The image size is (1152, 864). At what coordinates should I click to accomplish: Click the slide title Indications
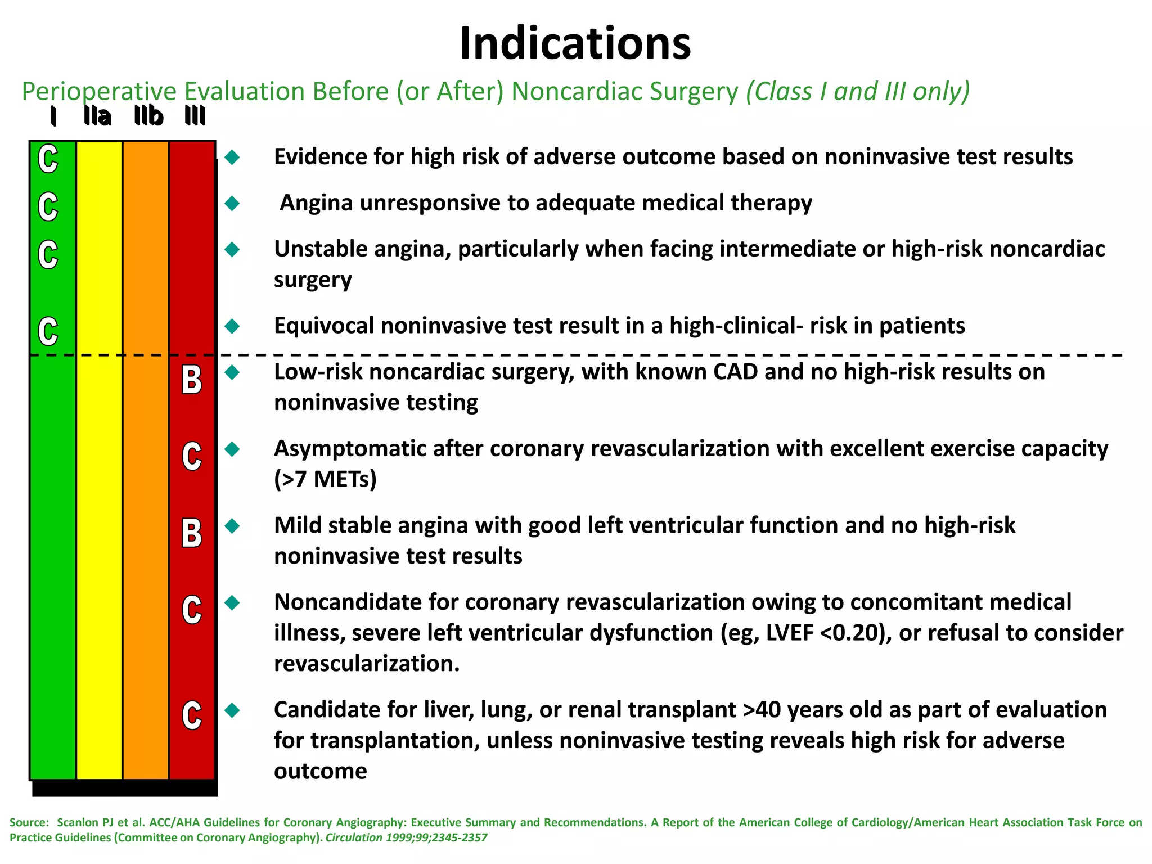click(575, 44)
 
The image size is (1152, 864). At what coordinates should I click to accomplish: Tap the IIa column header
click(97, 116)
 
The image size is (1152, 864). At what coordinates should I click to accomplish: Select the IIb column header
click(148, 116)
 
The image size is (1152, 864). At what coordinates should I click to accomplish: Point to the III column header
click(195, 116)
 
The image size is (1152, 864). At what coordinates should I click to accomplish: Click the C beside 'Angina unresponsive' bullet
click(48, 206)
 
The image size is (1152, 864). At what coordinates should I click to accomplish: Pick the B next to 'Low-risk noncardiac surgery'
click(192, 380)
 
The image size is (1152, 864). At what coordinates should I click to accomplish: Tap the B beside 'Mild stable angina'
click(192, 533)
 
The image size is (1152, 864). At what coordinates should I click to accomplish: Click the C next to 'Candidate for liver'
click(192, 715)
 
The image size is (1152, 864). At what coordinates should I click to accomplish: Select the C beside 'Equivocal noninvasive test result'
click(48, 331)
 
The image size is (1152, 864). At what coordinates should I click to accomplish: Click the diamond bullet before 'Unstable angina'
click(232, 249)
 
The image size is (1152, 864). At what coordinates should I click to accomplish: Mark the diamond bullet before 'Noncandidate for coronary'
click(232, 603)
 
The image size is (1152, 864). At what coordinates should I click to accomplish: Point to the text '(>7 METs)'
click(325, 479)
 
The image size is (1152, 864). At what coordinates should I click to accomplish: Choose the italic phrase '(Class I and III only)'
click(858, 91)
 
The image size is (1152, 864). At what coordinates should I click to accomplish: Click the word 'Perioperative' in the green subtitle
click(99, 92)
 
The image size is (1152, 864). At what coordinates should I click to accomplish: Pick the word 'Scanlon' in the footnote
click(78, 822)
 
